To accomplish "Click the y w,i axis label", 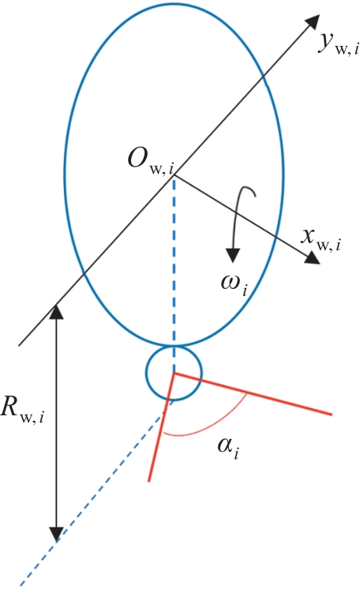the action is (x=338, y=43).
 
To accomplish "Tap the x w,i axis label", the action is (x=321, y=240).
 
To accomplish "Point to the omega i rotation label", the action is (x=234, y=287).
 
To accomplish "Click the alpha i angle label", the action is (x=228, y=448).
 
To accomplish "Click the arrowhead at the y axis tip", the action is (x=311, y=23).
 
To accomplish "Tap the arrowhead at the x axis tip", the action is (x=312, y=257).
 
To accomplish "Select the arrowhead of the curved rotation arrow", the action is (x=233, y=255).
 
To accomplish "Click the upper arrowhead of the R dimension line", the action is (x=56, y=311).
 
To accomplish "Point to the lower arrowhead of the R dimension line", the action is (x=56, y=535).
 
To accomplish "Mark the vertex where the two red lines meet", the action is (x=173, y=373).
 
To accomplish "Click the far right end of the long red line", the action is (x=332, y=415).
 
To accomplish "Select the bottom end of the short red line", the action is (x=149, y=481).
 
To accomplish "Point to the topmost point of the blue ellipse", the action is (x=174, y=4).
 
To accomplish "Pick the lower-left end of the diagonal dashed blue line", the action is (x=20, y=584).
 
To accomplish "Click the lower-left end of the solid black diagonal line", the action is (x=19, y=344).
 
